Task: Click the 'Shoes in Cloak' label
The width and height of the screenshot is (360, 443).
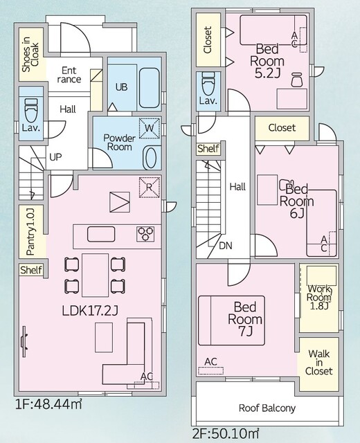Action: click(30, 55)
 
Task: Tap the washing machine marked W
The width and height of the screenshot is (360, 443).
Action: click(150, 128)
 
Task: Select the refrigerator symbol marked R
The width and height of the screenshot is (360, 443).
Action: click(150, 187)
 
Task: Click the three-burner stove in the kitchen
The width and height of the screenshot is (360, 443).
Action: click(145, 234)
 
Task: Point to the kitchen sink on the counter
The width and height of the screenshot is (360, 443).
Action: click(101, 234)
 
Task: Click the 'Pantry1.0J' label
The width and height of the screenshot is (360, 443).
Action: click(30, 232)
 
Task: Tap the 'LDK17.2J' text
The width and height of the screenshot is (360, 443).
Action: click(90, 311)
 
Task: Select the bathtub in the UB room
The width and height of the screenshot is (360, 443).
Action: click(150, 88)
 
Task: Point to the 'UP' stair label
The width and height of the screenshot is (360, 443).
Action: click(55, 157)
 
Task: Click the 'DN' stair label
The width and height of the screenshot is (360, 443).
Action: click(226, 246)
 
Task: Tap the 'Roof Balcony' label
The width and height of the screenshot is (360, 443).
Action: click(267, 408)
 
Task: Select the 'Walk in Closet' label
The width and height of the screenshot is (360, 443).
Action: click(318, 362)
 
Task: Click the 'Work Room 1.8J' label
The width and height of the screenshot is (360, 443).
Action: click(318, 297)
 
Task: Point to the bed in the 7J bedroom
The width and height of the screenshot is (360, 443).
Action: click(231, 320)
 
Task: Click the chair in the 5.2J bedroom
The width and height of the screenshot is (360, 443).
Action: click(296, 80)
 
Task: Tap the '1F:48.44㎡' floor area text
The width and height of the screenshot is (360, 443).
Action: click(48, 404)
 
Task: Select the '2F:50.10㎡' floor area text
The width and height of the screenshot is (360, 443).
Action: click(226, 433)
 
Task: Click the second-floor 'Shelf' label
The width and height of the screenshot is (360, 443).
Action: click(208, 148)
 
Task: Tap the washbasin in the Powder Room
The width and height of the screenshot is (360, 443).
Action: click(152, 158)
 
